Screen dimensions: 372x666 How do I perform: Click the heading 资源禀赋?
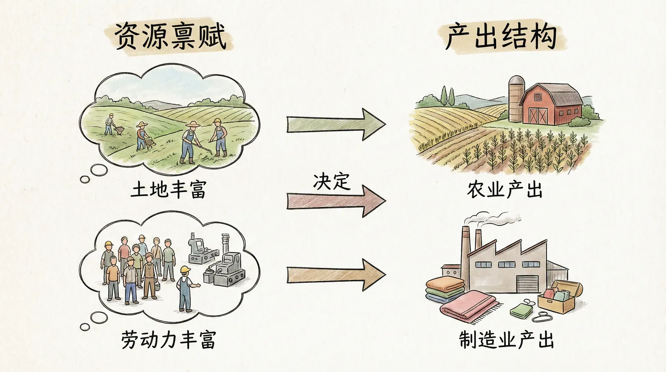pyautogui.click(x=170, y=37)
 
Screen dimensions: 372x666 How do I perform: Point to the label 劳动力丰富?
pyautogui.click(x=169, y=339)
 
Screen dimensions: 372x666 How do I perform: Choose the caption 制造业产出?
pyautogui.click(x=506, y=339)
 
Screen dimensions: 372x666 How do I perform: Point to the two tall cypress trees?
pyautogui.click(x=448, y=95)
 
